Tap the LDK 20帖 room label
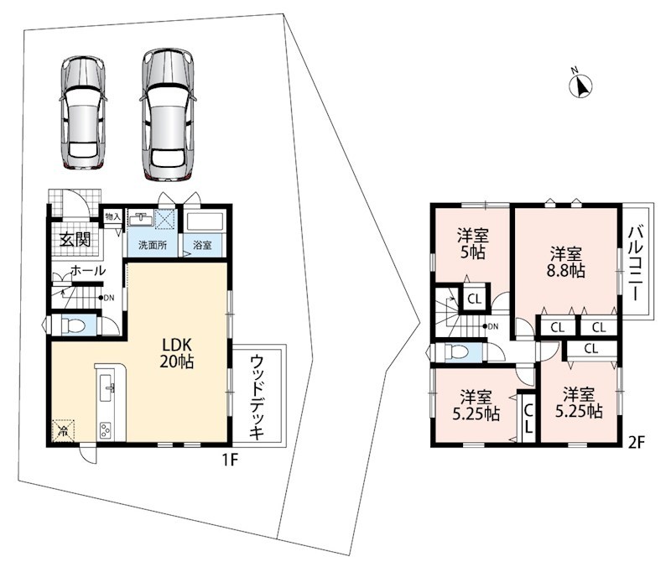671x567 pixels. click(x=176, y=353)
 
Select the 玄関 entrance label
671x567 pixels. click(x=75, y=239)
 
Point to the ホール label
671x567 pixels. click(x=88, y=270)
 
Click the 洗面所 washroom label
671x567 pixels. click(x=153, y=246)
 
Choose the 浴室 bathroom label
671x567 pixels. click(x=202, y=246)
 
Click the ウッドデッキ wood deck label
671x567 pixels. click(x=257, y=397)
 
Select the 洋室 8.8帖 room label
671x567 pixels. click(x=565, y=263)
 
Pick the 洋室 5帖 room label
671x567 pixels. click(x=473, y=243)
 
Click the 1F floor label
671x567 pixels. click(x=229, y=460)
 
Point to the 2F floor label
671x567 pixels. click(x=636, y=443)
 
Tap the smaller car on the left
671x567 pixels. click(x=83, y=112)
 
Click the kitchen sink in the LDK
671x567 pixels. click(x=107, y=388)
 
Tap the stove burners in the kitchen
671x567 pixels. click(x=106, y=429)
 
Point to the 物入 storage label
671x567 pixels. click(x=113, y=216)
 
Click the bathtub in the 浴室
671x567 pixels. click(x=205, y=222)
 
